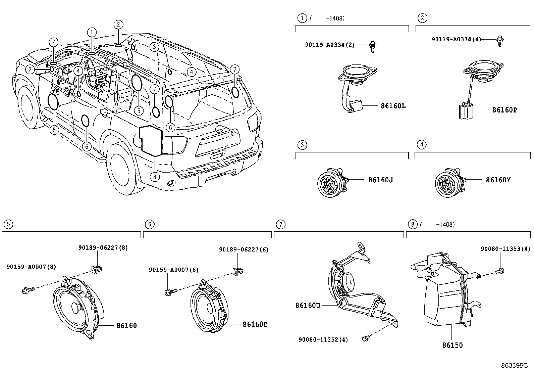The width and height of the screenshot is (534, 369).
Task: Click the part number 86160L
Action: tap(393, 106)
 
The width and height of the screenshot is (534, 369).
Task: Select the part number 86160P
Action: tap(504, 110)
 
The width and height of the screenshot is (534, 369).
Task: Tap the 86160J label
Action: tap(380, 180)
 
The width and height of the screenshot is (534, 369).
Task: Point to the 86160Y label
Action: tap(498, 180)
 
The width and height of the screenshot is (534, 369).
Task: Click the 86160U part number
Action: tap(308, 305)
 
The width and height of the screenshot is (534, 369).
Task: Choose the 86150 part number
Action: tap(452, 345)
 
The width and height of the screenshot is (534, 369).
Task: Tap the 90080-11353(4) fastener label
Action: tap(505, 249)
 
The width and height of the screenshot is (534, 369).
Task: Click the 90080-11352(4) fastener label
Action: tap(323, 339)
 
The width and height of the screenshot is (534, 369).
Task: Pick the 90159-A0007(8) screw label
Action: tap(31, 267)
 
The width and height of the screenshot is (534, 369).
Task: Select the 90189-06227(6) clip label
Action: tap(244, 249)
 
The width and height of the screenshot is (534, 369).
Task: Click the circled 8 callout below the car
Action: tap(155, 177)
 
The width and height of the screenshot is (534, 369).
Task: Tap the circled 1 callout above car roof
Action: tap(92, 32)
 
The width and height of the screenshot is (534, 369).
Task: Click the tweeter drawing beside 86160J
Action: tap(330, 182)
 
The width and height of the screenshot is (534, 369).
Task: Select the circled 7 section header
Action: tap(280, 224)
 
